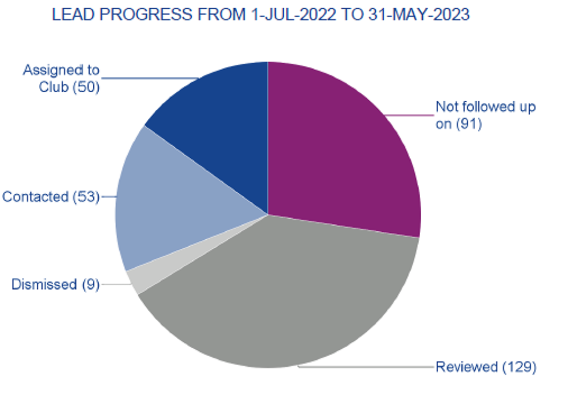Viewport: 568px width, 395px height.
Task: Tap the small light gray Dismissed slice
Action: coord(134,280)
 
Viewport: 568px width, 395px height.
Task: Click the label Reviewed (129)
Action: coord(486,367)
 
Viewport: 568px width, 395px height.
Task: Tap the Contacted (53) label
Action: coord(51,197)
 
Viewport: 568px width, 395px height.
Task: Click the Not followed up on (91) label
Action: coord(485,115)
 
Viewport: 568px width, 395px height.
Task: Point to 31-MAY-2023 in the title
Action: coord(421,15)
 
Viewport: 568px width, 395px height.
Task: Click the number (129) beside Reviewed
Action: coord(519,367)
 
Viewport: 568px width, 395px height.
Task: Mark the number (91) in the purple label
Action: coord(469,124)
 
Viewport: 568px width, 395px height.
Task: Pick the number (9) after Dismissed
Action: coord(90,283)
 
